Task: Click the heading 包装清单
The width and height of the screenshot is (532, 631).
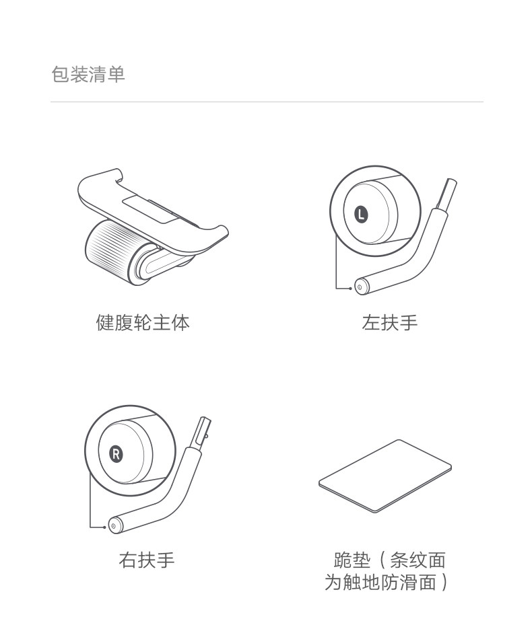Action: [x=88, y=74]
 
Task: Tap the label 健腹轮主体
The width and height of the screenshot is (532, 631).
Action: [x=143, y=323]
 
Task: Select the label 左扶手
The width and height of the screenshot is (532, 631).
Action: [x=390, y=323]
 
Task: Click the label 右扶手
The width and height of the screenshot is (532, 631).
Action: [x=147, y=560]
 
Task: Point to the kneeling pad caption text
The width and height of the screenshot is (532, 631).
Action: [x=387, y=571]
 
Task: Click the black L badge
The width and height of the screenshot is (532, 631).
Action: [x=362, y=215]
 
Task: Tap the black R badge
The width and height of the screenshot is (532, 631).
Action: [x=116, y=453]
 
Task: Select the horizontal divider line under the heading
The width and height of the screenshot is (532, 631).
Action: [x=267, y=102]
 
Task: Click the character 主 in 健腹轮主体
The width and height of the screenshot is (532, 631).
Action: [x=162, y=323]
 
